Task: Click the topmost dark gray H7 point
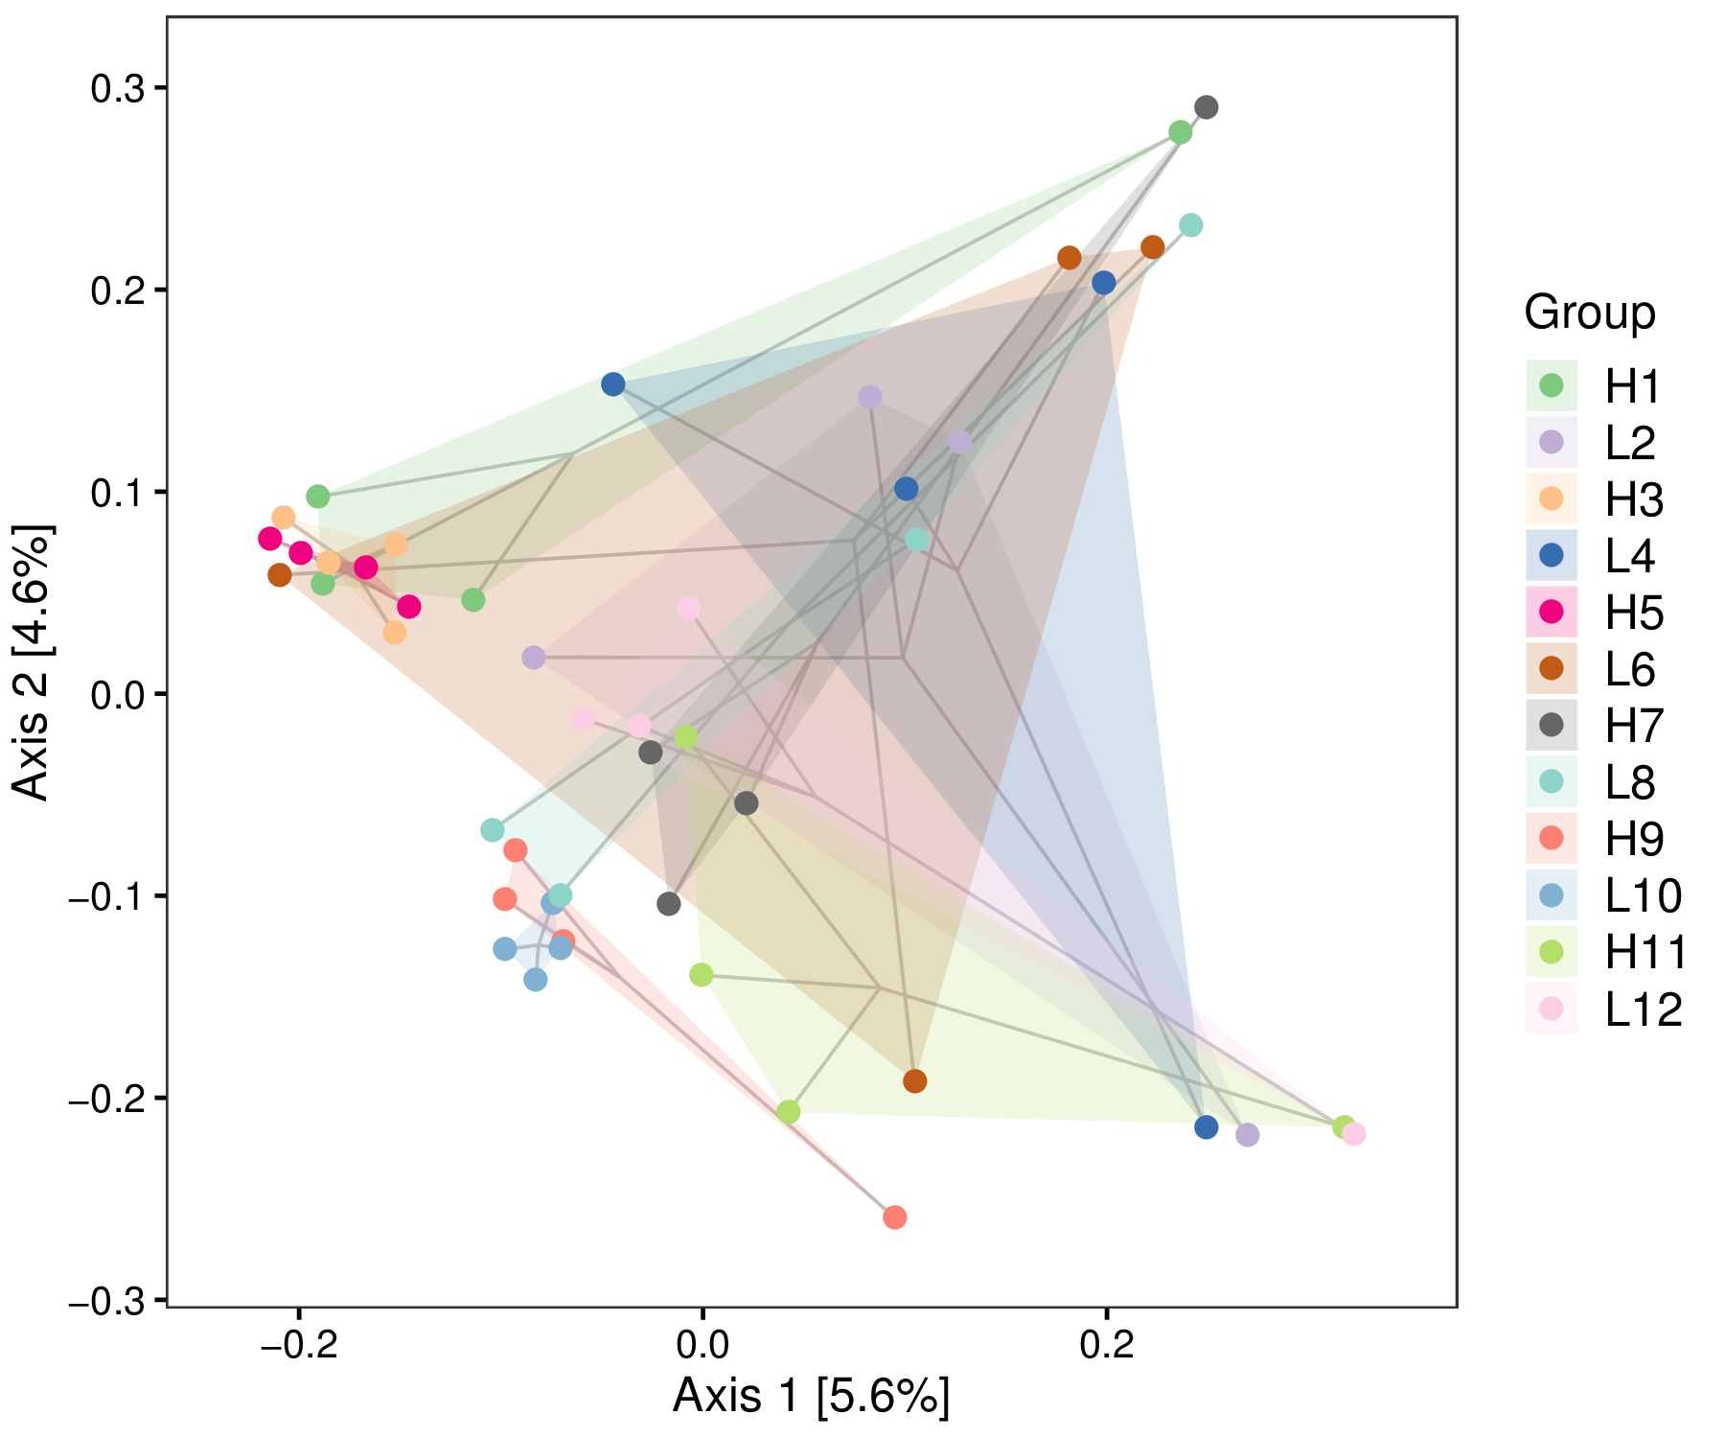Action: (1207, 107)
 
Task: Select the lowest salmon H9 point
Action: (894, 1218)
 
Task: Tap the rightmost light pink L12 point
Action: (1354, 1134)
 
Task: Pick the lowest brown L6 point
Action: (915, 1081)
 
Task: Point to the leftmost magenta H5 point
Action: (270, 539)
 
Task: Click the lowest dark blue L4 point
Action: (1207, 1127)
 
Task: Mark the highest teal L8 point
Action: (1190, 225)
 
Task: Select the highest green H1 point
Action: (1181, 132)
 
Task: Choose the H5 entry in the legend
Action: (1635, 613)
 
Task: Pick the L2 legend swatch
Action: (1551, 442)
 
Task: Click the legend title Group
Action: (1590, 313)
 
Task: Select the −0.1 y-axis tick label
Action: (103, 897)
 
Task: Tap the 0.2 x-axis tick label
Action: (1107, 1346)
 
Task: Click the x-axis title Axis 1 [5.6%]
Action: (811, 1396)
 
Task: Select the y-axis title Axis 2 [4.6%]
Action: (33, 662)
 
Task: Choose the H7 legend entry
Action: (1635, 726)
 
